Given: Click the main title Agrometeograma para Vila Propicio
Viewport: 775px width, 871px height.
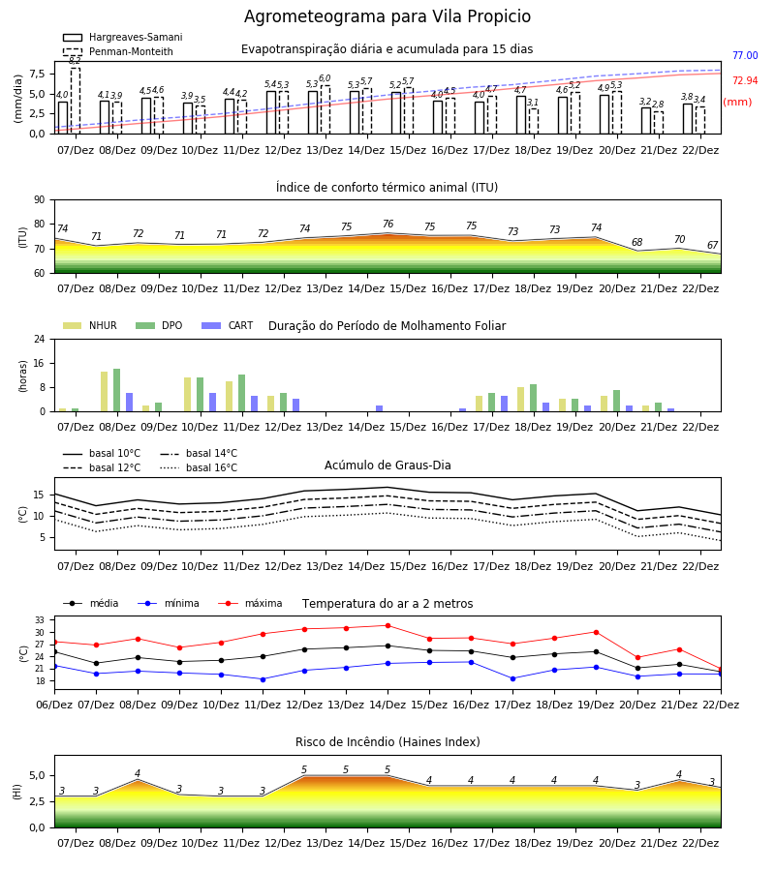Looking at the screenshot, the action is pos(387,16).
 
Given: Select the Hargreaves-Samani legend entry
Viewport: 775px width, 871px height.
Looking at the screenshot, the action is pos(123,37).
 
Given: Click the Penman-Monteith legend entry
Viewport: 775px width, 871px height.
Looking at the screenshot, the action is pos(118,51).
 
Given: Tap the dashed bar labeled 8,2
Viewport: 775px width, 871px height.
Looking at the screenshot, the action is pos(75,101).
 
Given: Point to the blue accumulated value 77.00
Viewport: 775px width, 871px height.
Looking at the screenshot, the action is pos(745,55).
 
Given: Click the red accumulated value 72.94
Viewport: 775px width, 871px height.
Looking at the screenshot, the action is pos(745,80).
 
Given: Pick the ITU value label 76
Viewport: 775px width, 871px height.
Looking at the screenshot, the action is pos(388,224).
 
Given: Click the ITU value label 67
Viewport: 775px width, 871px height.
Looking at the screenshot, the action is pos(712,245).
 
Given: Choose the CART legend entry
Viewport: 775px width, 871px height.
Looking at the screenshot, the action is pos(228,325).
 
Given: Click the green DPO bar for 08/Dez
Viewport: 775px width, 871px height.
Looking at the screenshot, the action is pos(117,390).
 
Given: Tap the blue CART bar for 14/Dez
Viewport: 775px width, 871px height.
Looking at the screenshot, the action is pos(379,408).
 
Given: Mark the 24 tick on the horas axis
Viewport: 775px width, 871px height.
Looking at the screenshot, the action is pos(40,340).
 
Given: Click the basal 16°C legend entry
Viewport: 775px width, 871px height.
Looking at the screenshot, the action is pos(199,467).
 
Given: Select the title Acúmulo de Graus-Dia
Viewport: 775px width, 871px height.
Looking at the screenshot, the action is pos(387,465).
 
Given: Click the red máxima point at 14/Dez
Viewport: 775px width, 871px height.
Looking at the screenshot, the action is pos(388,625).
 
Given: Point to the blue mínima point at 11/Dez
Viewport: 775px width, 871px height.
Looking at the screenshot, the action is pos(263,679).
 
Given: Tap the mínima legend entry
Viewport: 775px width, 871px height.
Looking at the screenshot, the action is pos(169,603).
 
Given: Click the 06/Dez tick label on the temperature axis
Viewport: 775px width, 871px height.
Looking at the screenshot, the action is pos(54,705).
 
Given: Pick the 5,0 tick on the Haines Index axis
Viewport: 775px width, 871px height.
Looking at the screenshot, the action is pos(37,775).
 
